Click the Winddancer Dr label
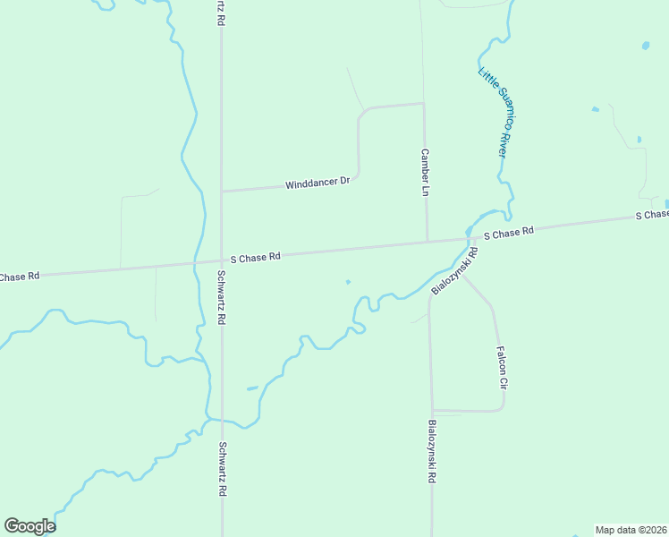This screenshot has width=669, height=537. [318, 183]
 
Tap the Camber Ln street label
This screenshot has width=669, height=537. [426, 173]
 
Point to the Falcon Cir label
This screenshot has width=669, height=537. [502, 367]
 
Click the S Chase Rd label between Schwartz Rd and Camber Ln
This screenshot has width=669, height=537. [256, 257]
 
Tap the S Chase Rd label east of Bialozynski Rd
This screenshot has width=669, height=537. [509, 233]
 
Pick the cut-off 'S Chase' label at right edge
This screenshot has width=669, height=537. [651, 215]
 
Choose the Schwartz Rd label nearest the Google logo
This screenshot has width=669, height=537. [222, 470]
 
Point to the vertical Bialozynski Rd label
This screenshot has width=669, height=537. [431, 452]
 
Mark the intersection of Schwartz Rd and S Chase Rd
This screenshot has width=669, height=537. [221, 261]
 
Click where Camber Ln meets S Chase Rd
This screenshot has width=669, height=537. [427, 241]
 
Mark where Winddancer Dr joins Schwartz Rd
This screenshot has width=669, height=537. [221, 191]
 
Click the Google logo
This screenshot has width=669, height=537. [30, 526]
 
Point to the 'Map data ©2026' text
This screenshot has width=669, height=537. [631, 530]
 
